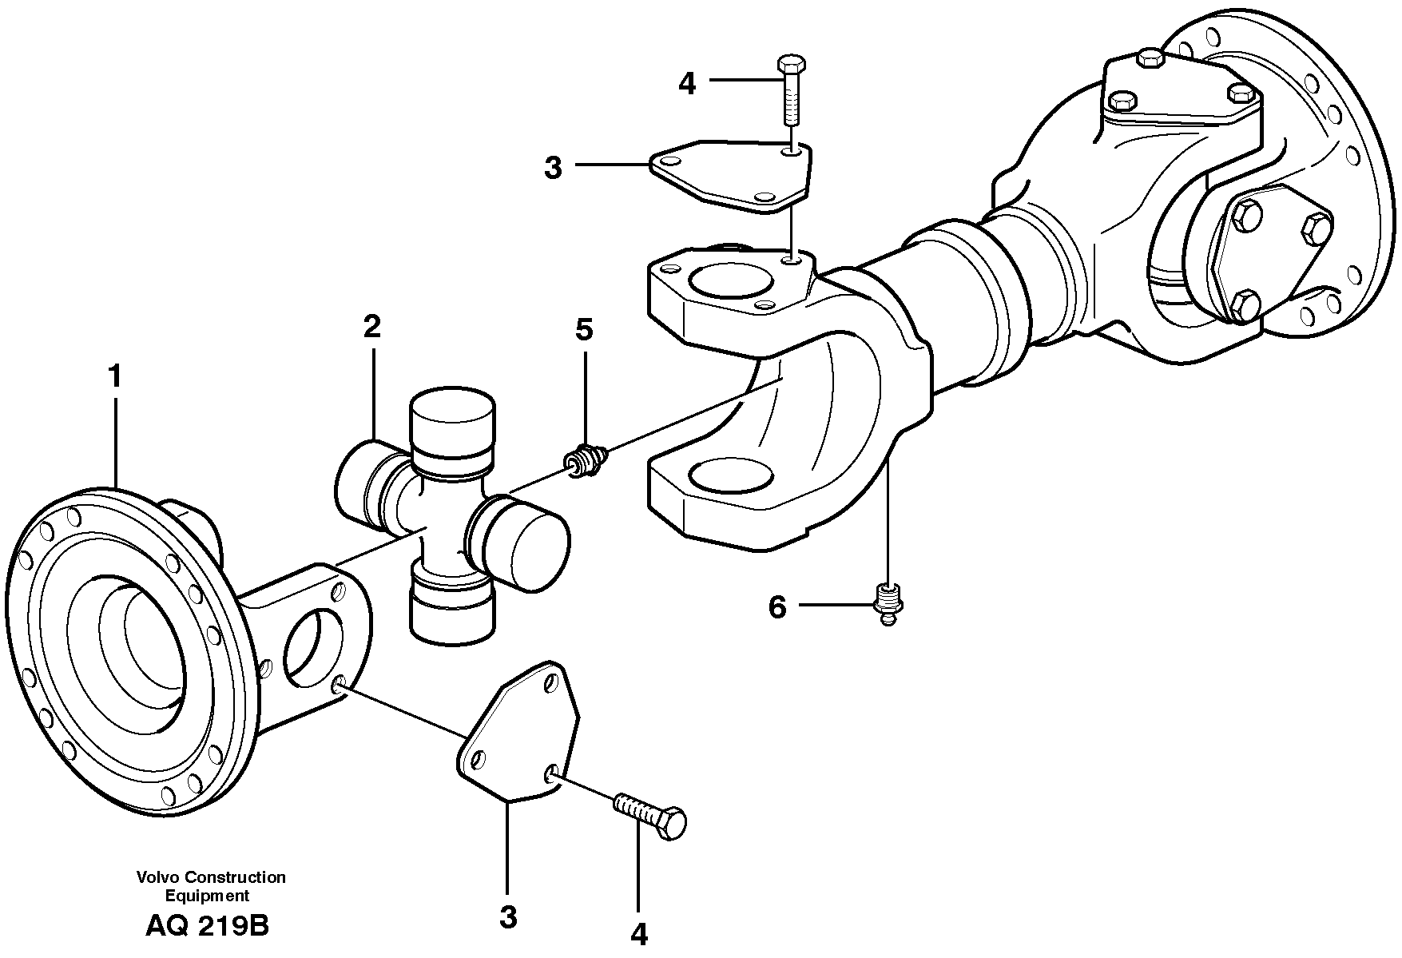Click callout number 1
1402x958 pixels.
pyautogui.click(x=115, y=377)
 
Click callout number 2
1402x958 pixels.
pyautogui.click(x=371, y=327)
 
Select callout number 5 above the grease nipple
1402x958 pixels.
pyautogui.click(x=584, y=328)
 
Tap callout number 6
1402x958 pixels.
pyautogui.click(x=777, y=607)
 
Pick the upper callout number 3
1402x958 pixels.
pyautogui.click(x=553, y=168)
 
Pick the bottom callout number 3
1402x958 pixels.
pyautogui.click(x=508, y=917)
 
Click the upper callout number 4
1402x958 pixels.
pyautogui.click(x=687, y=83)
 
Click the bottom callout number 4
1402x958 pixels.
pyautogui.click(x=638, y=933)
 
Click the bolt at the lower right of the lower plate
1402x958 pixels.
pyautogui.click(x=651, y=813)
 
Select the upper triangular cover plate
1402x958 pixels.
pyautogui.click(x=731, y=176)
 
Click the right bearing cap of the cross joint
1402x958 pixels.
pyautogui.click(x=527, y=542)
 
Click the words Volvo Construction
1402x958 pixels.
pyautogui.click(x=211, y=877)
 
